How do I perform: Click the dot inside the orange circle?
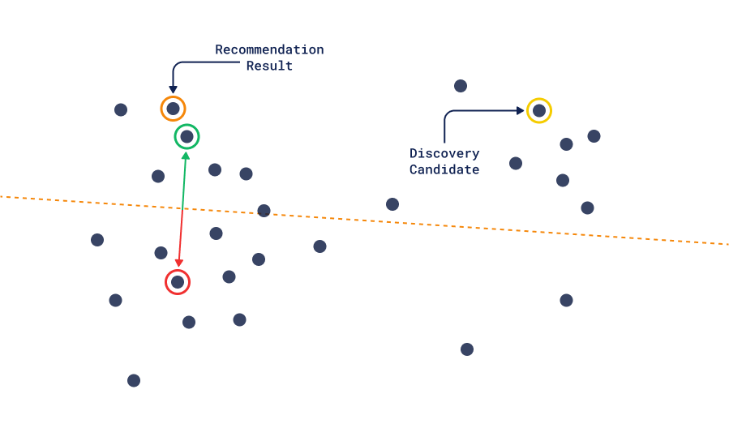pos(173,109)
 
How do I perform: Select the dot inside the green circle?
pos(187,136)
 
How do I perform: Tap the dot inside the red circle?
pos(178,282)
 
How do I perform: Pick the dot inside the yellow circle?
pos(539,110)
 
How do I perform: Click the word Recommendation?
pos(269,50)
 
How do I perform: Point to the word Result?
pos(269,66)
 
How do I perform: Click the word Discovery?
pos(444,153)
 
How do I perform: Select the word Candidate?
pos(444,169)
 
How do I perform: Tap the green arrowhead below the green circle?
pos(186,154)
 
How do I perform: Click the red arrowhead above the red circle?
pos(179,263)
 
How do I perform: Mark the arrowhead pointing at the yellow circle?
pos(520,110)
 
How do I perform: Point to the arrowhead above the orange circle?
pos(173,89)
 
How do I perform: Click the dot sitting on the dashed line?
pos(264,211)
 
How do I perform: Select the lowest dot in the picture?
pos(134,380)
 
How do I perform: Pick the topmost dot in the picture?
pos(461,86)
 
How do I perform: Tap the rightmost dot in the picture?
pos(594,136)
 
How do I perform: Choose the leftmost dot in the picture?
pos(97,240)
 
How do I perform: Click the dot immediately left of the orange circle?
pos(121,109)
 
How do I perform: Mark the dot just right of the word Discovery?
pos(516,163)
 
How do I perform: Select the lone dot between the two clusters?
pos(392,204)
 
